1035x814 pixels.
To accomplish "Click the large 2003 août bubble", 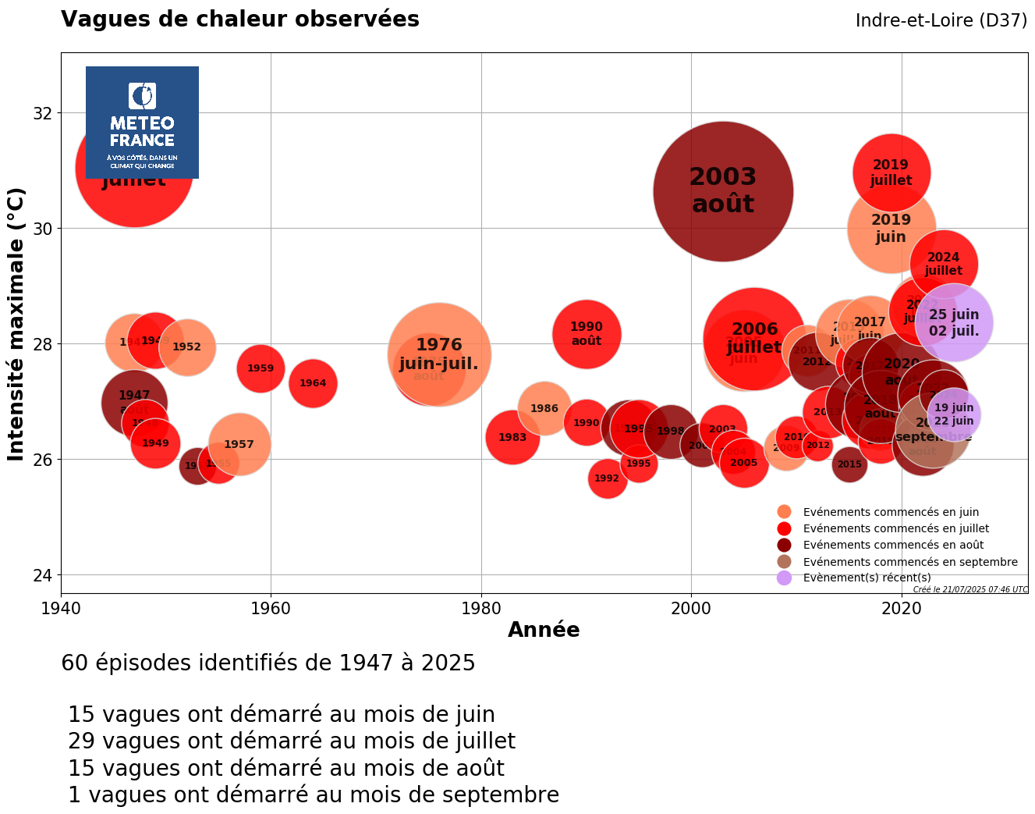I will pos(723,191).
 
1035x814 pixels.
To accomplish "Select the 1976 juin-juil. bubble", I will pos(439,354).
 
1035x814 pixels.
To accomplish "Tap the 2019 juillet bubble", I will pos(891,172).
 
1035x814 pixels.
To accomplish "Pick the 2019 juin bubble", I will pos(891,229).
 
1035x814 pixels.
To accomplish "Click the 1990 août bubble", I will pos(587,334).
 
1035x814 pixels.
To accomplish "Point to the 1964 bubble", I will pos(313,383).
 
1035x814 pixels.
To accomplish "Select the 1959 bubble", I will pos(261,369).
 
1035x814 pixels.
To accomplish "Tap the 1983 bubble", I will pos(512,437).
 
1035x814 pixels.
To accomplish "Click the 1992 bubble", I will pos(607,478).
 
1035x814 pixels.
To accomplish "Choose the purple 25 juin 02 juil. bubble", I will pos(954,322).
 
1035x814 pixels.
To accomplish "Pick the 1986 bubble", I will pos(544,407).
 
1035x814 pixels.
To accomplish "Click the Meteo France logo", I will pos(142,123).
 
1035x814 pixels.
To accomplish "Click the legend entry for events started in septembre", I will pos(909,562).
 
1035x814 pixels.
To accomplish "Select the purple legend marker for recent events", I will pos(785,578).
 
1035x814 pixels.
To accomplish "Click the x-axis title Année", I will pos(544,630).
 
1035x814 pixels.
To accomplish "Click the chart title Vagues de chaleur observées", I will pos(240,20).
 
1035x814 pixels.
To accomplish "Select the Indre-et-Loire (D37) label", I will pos(941,21).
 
